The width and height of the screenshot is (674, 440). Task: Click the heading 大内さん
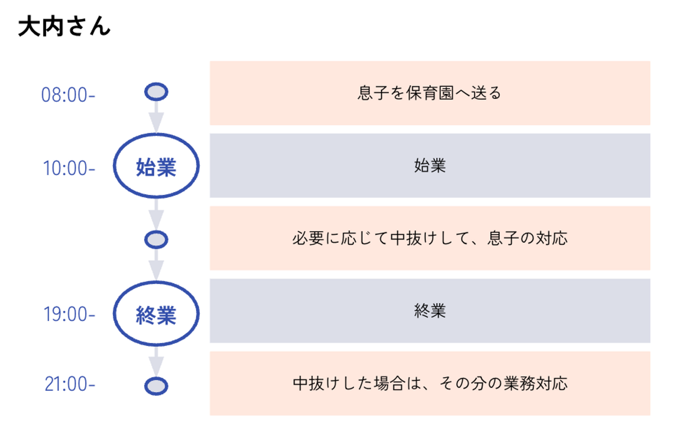pos(64,27)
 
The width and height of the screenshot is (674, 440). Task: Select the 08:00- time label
pos(68,95)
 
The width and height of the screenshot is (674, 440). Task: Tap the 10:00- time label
pos(69,168)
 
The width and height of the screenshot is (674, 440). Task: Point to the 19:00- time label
pos(69,314)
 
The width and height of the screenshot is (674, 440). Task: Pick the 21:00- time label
pos(70,384)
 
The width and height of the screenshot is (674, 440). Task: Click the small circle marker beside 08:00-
pos(156,92)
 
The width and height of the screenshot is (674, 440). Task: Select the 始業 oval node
pos(156,166)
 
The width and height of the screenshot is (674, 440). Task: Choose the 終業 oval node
pos(156,314)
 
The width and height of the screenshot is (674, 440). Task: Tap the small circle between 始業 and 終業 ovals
pos(156,239)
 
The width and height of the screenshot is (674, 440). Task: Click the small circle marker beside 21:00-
pos(156,386)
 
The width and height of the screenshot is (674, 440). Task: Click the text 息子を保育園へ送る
pos(429,93)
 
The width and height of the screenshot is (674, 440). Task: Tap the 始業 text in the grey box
pos(430,165)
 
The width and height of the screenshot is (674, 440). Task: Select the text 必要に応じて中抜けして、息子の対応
pos(430,238)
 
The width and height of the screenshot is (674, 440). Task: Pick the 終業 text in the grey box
pos(430,311)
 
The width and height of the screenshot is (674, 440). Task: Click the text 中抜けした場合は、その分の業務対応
pos(430,383)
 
